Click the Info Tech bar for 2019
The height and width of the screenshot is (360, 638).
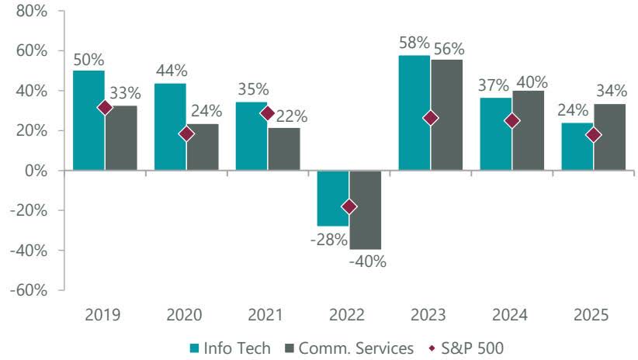88,120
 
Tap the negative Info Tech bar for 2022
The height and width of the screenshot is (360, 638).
333,198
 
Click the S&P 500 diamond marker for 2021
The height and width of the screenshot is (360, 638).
268,113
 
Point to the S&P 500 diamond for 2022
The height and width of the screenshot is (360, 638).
349,206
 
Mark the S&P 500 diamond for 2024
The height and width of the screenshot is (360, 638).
512,121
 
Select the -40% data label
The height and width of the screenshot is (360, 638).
368,261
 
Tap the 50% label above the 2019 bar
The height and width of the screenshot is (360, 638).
88,59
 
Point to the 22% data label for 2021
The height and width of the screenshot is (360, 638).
291,116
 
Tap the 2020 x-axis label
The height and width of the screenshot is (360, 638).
185,315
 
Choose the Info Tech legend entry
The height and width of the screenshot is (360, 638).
231,348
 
